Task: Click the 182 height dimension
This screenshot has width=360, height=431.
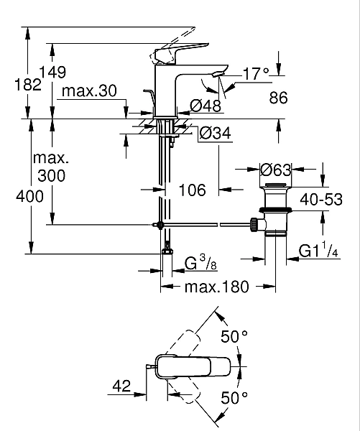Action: [x=14, y=84]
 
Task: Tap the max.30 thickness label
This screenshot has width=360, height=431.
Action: [x=88, y=91]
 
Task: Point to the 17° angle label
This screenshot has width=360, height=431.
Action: [x=255, y=73]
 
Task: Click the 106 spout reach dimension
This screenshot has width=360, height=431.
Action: [x=191, y=190]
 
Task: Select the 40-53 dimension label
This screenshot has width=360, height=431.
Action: [x=321, y=200]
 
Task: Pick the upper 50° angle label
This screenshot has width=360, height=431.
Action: [x=234, y=336]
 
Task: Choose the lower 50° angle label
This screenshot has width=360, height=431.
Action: [x=234, y=397]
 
